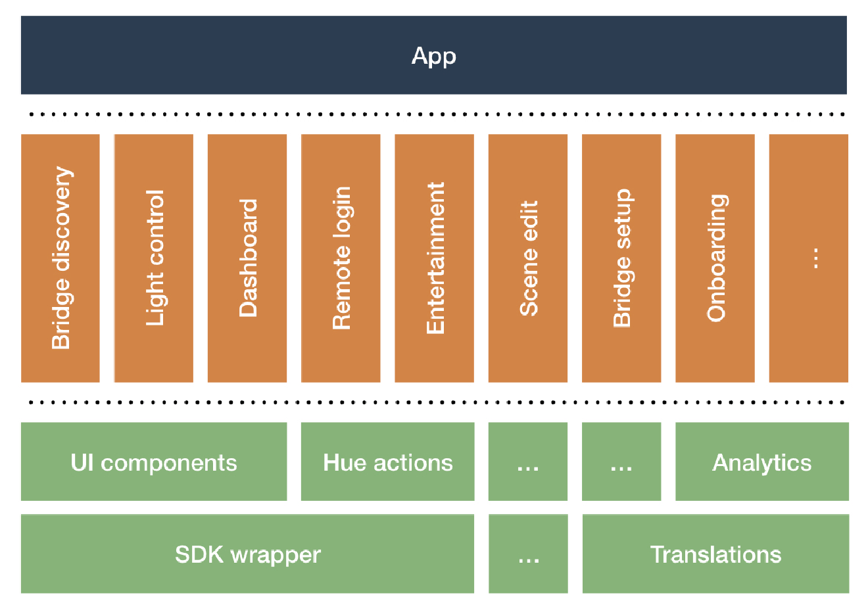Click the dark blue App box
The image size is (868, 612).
tap(433, 55)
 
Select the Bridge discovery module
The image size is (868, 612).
tap(60, 258)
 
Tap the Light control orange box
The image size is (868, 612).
tap(154, 258)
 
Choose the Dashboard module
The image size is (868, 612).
tap(247, 258)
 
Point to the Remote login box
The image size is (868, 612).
tap(341, 258)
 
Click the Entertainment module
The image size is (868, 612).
tap(434, 258)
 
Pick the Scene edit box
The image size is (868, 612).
tap(528, 258)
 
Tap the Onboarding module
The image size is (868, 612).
tap(715, 258)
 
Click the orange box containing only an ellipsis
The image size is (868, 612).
tap(808, 258)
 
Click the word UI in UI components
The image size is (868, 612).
tap(82, 463)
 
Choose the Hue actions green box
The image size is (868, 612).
tap(387, 462)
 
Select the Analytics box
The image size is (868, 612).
tap(761, 462)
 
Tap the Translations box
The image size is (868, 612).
tap(715, 554)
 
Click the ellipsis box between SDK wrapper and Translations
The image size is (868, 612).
tap(528, 554)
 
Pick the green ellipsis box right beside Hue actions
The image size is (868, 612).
tap(528, 462)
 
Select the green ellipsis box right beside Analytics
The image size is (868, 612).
tap(621, 462)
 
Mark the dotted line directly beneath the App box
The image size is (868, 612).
tap(434, 114)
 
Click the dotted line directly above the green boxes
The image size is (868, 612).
tap(434, 402)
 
